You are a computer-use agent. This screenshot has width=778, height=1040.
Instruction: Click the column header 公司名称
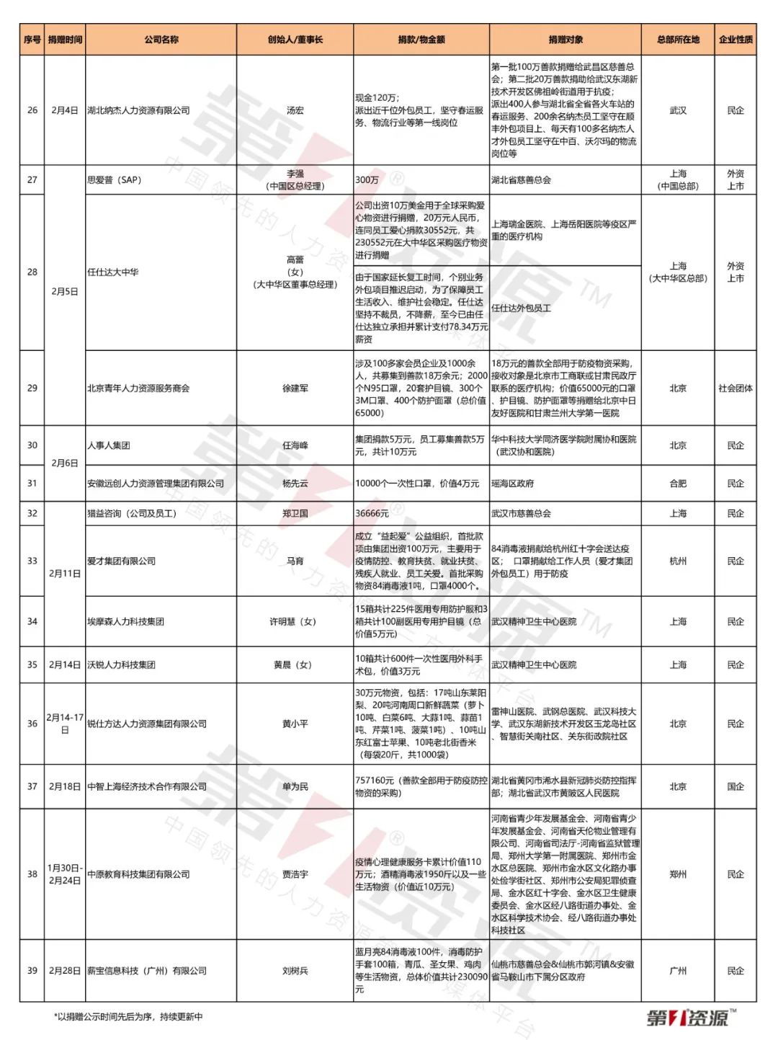(x=161, y=40)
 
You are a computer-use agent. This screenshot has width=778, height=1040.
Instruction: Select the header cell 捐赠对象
(x=565, y=40)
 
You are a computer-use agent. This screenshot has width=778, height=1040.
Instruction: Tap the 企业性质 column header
(x=735, y=40)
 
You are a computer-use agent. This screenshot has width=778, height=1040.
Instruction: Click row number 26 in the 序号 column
(x=32, y=110)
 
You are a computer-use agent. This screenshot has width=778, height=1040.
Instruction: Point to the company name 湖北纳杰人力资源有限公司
(x=139, y=110)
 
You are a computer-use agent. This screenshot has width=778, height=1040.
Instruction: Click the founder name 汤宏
(x=295, y=110)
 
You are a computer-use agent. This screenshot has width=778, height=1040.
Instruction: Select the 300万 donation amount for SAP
(x=367, y=179)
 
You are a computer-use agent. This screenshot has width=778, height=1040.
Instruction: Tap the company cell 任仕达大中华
(x=113, y=272)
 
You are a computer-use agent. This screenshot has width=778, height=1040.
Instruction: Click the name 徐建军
(x=295, y=388)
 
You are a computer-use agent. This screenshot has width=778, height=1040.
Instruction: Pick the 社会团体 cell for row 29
(x=735, y=388)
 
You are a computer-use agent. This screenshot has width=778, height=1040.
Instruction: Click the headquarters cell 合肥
(x=678, y=484)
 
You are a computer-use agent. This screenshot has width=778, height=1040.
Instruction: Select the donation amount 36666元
(x=372, y=513)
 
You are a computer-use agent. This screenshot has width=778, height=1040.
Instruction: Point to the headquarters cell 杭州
(x=678, y=561)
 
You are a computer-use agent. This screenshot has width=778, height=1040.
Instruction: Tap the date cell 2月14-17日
(x=65, y=724)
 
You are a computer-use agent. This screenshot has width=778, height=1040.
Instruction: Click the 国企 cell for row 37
(x=735, y=786)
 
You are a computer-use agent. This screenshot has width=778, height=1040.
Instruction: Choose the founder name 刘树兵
(x=295, y=971)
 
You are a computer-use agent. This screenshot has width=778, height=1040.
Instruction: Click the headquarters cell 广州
(x=678, y=971)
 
